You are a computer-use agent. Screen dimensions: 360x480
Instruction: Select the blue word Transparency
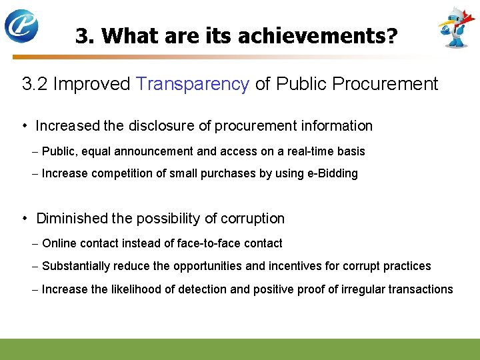[193, 84]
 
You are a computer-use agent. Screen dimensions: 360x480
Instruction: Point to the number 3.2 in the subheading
[35, 84]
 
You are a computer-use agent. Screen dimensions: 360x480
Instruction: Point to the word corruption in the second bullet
[251, 219]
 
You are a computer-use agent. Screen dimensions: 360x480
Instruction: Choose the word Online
[59, 243]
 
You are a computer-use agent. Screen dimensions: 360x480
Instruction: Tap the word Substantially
[75, 266]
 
